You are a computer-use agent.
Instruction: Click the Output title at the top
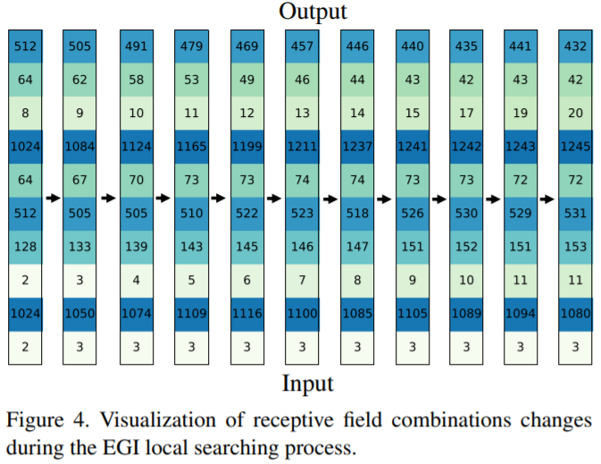click(313, 12)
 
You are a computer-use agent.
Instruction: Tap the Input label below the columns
click(307, 384)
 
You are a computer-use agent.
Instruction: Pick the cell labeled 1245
click(576, 147)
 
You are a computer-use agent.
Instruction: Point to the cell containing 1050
click(79, 314)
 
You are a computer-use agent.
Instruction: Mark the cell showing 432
click(576, 46)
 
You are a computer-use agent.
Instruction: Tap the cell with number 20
click(576, 114)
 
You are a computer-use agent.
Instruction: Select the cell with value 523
click(301, 214)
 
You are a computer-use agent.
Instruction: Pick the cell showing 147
click(355, 247)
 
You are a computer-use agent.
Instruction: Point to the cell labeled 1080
click(576, 314)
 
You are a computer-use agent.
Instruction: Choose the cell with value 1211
click(301, 147)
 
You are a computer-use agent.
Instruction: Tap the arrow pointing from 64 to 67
click(52, 198)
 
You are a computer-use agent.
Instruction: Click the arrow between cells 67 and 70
click(107, 198)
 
